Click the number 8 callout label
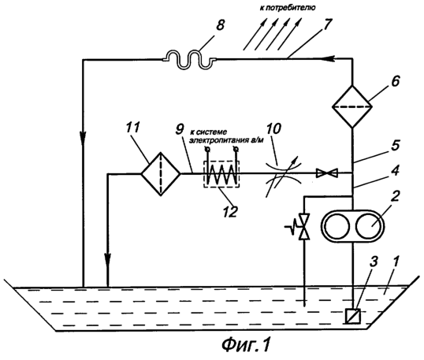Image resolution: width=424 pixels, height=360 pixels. pyautogui.click(x=221, y=26)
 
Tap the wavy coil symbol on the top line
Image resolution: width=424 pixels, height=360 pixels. pyautogui.click(x=189, y=60)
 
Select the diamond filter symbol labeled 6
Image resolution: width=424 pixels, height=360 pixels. pyautogui.click(x=352, y=106)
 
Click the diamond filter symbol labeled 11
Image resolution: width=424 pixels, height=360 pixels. pyautogui.click(x=161, y=173)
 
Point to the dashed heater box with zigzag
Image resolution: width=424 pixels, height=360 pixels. pyautogui.click(x=221, y=174)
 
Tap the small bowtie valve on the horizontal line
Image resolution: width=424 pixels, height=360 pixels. pyautogui.click(x=327, y=173)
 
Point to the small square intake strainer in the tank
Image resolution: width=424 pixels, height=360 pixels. pyautogui.click(x=353, y=316)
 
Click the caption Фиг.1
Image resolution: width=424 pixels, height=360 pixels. pyautogui.click(x=247, y=344)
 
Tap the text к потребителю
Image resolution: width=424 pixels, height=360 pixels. pyautogui.click(x=288, y=8)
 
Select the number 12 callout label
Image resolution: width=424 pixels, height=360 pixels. pyautogui.click(x=229, y=211)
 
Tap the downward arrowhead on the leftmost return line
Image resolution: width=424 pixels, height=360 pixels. pyautogui.click(x=84, y=135)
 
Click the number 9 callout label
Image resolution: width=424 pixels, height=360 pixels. pyautogui.click(x=179, y=129)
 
